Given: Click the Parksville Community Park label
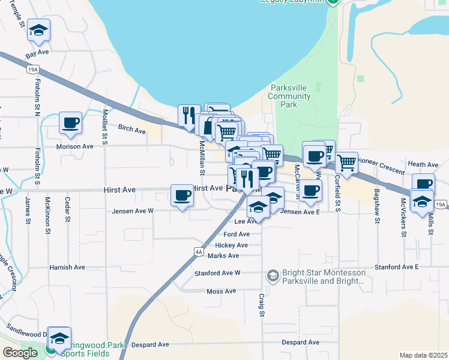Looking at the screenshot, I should point(289,96).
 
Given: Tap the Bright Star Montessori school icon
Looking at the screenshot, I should point(273,275).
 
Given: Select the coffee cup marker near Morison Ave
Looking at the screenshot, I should point(70,123).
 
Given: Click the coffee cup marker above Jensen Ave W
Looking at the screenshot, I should point(182,195).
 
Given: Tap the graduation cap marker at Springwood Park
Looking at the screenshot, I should point(59,338).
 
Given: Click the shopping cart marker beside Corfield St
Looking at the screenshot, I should point(346,162).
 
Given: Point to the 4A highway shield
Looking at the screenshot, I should point(197,251).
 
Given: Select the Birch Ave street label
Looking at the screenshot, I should point(132,130).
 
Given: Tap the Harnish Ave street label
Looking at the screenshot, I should point(68,268).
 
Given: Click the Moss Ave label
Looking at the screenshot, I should point(221,292).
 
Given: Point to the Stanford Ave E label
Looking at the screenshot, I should point(396,266).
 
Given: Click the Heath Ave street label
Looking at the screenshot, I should point(423,164).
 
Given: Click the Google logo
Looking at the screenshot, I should point(20,353).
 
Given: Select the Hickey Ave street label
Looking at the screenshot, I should point(232,245).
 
